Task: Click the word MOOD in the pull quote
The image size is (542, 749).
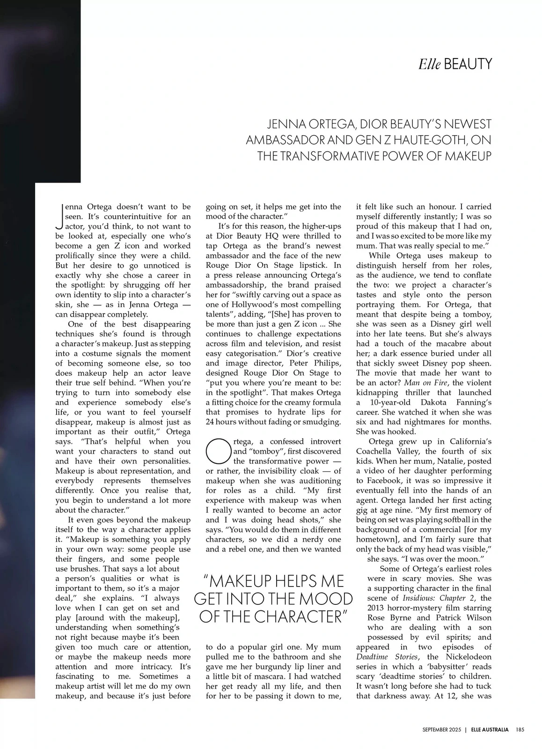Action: click(327, 599)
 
